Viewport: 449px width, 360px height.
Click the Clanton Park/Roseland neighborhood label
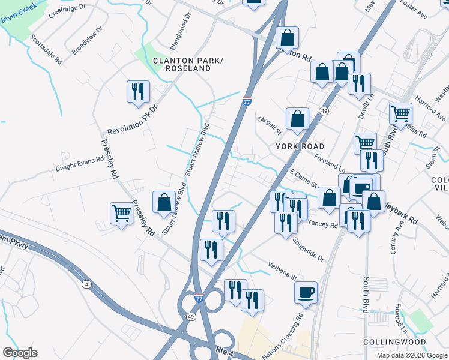tap(182, 65)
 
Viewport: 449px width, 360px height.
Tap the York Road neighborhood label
tap(300, 146)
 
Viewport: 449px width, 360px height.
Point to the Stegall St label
tap(270, 126)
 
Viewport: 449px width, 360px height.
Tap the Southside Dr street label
tap(309, 250)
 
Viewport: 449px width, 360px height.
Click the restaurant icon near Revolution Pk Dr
tap(139, 92)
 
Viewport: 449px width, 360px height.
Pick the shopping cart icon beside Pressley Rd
tap(122, 213)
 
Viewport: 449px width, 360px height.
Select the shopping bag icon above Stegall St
tap(297, 119)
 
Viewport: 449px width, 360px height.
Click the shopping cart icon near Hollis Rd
tap(400, 113)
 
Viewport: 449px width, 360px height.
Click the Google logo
tap(20, 353)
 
